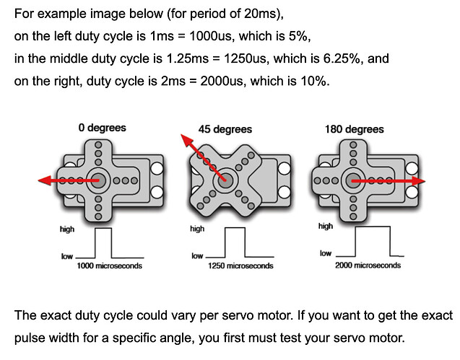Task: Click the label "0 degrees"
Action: coord(102,128)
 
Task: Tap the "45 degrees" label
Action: coord(225,129)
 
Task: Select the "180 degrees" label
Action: coord(355,129)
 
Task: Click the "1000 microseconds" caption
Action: coord(109,266)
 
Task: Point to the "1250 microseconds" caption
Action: coord(240,266)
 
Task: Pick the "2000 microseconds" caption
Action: coord(368,265)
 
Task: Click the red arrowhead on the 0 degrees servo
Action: coord(44,180)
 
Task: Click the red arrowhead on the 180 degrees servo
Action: coord(421,180)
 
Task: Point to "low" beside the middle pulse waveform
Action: coord(196,256)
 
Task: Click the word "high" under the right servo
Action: coord(325,227)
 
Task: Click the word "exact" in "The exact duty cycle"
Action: coord(61,316)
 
